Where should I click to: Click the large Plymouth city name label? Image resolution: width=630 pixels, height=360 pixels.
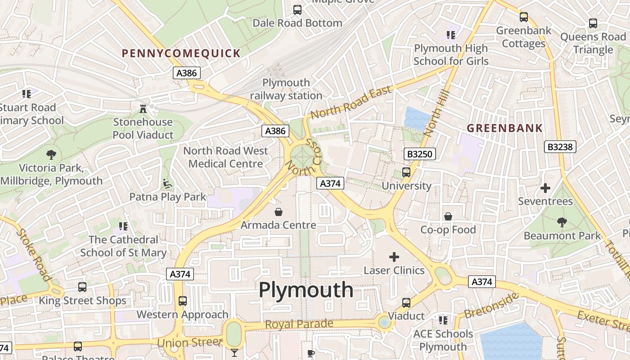tap(306, 289)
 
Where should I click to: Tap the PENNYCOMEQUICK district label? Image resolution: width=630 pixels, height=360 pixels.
tap(181, 54)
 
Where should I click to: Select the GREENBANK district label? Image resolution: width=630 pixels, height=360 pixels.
tap(504, 128)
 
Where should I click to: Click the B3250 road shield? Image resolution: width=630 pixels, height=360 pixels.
tap(419, 154)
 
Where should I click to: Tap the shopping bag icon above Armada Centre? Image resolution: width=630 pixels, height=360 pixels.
tap(279, 211)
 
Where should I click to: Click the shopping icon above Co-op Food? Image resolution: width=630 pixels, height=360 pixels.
tap(448, 216)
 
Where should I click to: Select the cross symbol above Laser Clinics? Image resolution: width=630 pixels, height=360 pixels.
tap(394, 257)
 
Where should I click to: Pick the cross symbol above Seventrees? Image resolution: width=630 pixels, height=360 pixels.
tap(545, 188)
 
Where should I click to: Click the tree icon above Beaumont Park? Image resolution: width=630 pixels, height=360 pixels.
tap(562, 222)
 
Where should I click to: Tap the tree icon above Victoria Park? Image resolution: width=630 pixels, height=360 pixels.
tap(51, 154)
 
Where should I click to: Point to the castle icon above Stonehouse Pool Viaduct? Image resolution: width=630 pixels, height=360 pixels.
tap(143, 108)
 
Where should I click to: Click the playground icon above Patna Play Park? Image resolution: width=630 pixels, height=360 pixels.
tap(167, 183)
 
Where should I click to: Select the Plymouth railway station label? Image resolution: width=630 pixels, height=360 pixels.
tap(286, 89)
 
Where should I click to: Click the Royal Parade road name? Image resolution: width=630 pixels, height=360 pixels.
tap(299, 324)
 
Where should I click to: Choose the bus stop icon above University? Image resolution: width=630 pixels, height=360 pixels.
tap(406, 172)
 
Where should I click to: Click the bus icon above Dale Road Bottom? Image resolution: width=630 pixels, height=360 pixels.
tap(297, 9)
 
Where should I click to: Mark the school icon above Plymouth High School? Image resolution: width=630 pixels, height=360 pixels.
tap(450, 35)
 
